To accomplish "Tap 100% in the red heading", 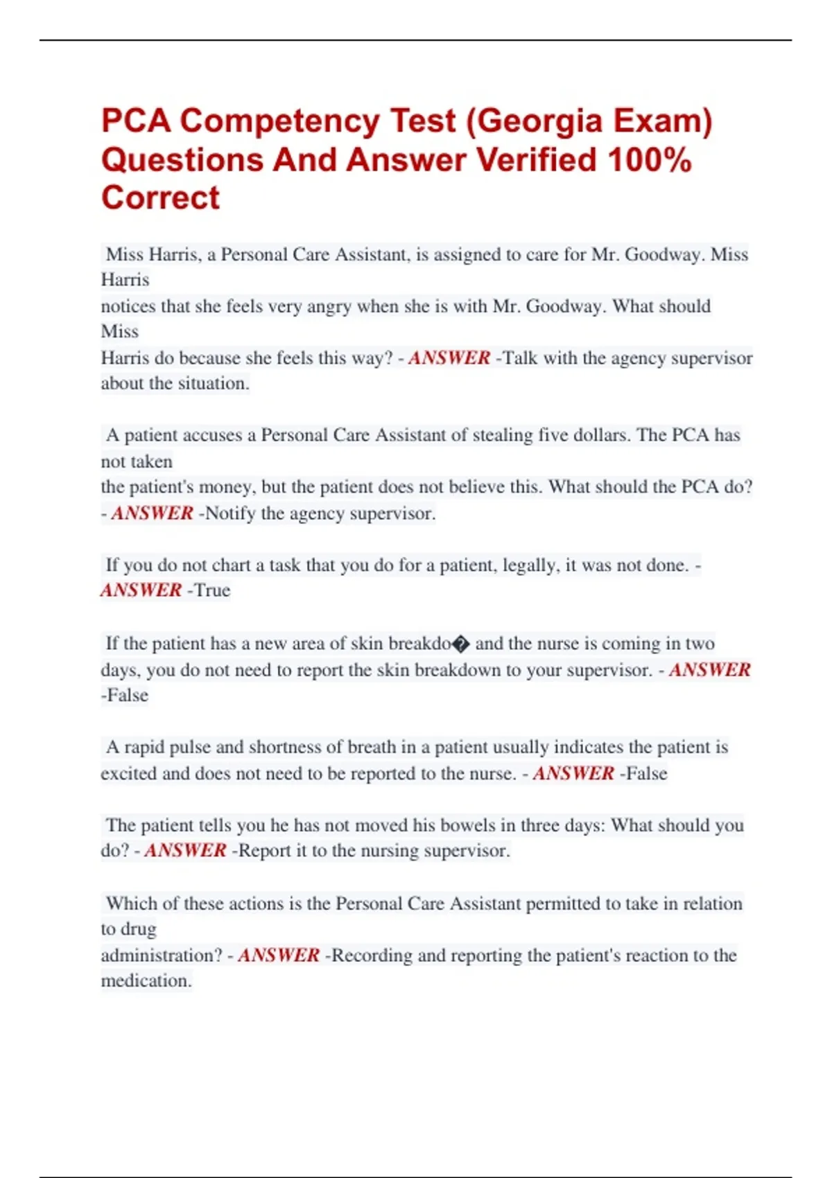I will coord(650,160).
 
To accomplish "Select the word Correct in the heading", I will coord(160,198).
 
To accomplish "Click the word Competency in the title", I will coord(279,121).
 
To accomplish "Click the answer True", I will coord(212,590).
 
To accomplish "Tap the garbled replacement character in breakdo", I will coord(461,644).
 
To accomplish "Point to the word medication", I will coord(146,981).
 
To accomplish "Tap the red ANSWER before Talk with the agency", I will coord(449,358).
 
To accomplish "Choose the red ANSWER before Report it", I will coord(185,851).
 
